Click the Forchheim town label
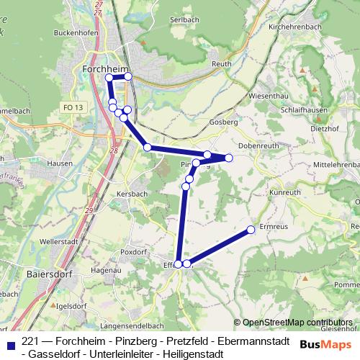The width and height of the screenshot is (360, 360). (x=105, y=68)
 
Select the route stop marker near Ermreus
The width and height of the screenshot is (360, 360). (x=251, y=230)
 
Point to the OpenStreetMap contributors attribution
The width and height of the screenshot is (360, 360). (x=297, y=323)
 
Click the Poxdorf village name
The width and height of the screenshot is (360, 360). (x=135, y=252)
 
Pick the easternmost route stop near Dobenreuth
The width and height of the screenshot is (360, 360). (x=229, y=158)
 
